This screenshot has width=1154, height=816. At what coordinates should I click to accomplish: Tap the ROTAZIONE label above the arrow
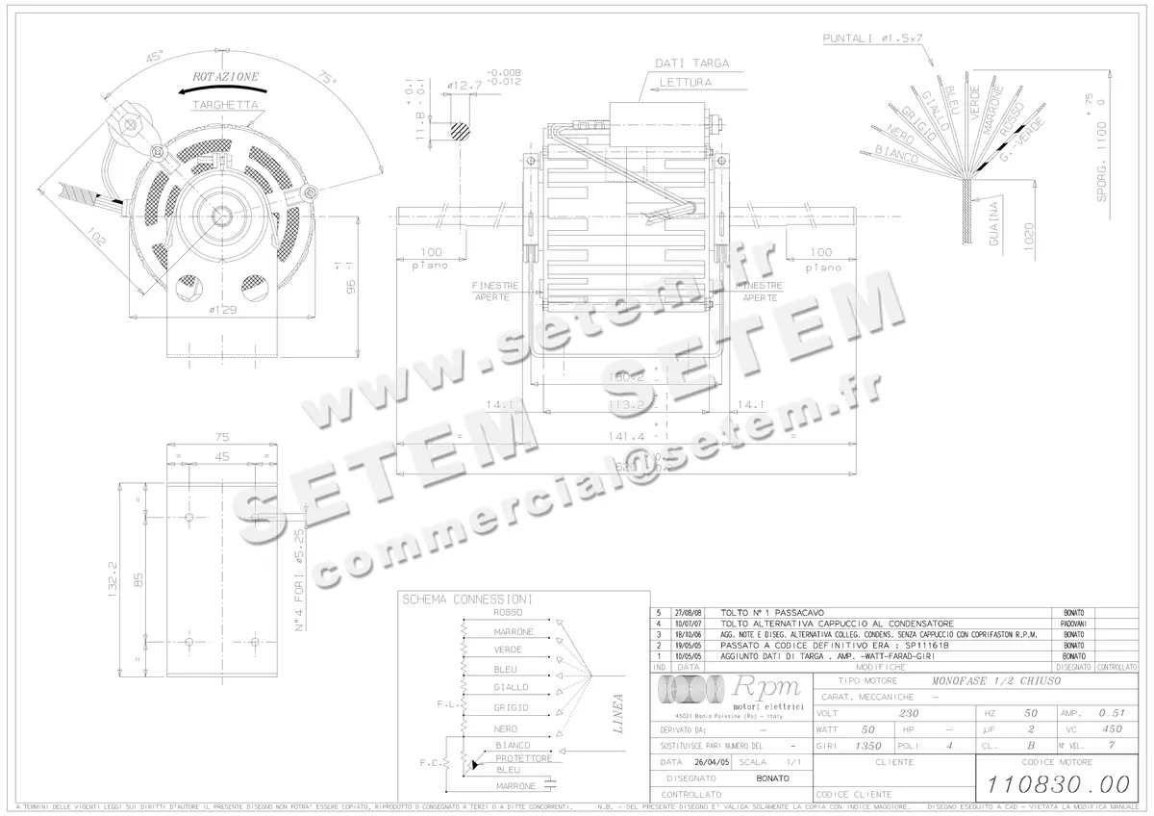[225, 76]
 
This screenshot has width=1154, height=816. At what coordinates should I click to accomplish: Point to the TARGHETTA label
[224, 103]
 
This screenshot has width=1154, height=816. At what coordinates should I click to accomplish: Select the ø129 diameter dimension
[223, 309]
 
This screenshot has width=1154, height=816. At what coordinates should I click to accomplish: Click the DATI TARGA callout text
[691, 64]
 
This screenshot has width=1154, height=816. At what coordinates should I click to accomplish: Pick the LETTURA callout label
[685, 83]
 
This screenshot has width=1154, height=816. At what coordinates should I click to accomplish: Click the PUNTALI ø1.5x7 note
[872, 38]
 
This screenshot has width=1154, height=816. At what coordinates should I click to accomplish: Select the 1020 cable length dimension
[1030, 236]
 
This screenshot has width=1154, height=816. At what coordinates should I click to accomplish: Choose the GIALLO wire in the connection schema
[511, 687]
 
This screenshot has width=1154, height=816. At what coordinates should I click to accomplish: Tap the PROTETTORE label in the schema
[523, 758]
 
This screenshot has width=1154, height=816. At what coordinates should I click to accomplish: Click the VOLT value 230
[908, 714]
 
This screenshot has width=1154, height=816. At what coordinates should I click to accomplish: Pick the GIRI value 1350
[868, 746]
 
